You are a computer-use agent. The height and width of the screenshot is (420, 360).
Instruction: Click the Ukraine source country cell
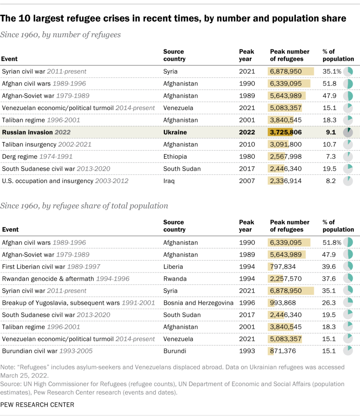(x=175, y=132)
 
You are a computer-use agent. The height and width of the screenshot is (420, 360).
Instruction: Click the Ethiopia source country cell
(x=175, y=156)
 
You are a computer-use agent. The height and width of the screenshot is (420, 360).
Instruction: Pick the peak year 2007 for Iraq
(x=247, y=181)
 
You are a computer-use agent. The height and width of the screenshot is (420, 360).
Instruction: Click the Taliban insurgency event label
(x=46, y=145)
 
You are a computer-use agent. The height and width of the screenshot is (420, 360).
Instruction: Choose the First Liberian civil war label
(x=51, y=266)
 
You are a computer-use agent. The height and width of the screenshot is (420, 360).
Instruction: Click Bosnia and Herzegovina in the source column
(x=198, y=303)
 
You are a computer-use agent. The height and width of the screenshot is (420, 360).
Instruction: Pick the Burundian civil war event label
(x=47, y=351)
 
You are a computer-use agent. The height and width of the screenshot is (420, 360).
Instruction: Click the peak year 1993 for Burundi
(x=247, y=351)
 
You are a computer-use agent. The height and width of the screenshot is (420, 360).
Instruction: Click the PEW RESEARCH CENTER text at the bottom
(x=37, y=405)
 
